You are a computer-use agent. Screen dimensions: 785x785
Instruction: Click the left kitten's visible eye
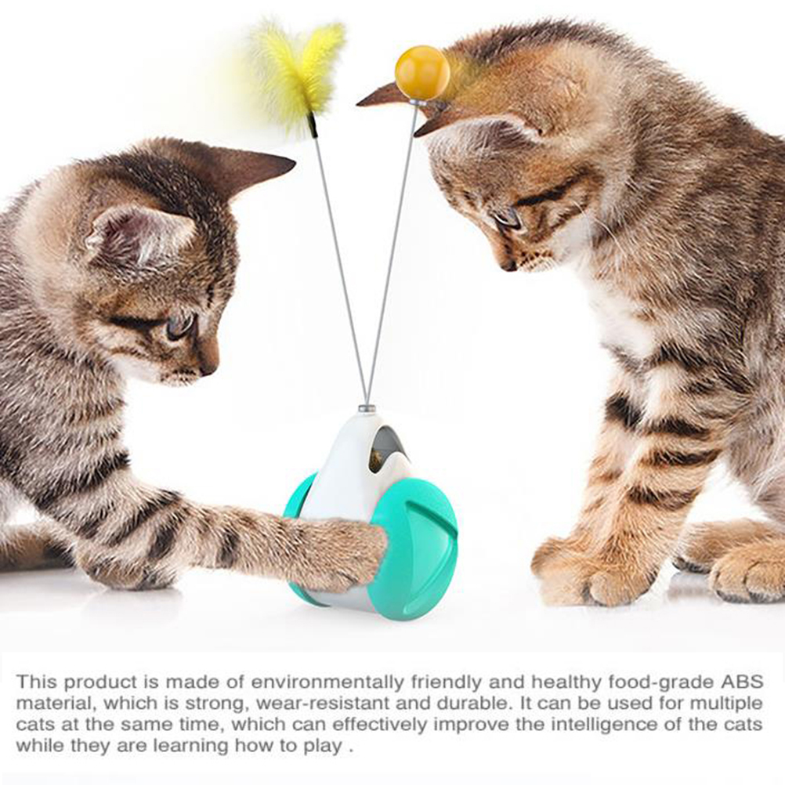pos(179,324)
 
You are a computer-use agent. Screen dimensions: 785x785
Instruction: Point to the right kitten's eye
pos(508,219)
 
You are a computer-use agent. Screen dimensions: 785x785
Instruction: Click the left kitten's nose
pos(209,369)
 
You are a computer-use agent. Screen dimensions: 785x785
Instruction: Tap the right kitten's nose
pos(508,266)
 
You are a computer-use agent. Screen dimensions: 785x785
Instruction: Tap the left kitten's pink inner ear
pos(141,235)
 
